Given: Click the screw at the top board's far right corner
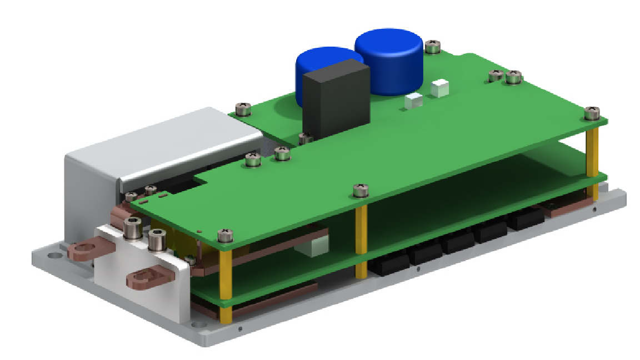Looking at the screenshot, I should (x=592, y=113).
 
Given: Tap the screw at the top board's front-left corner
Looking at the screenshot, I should (x=224, y=235).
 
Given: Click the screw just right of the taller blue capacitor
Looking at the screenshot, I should (x=433, y=46).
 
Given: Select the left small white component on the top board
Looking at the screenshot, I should (x=414, y=101).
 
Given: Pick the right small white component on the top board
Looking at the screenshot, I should (x=439, y=87).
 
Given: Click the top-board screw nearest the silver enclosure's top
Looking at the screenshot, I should (x=243, y=108).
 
